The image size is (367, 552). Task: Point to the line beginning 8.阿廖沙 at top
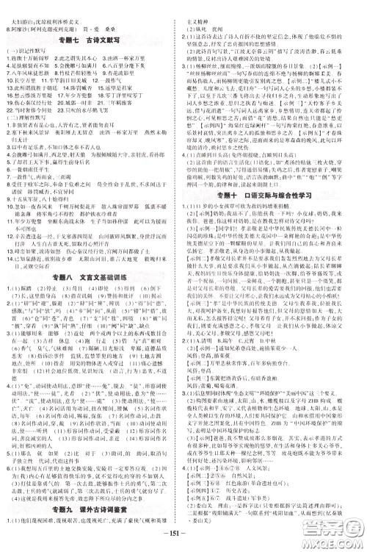[44, 14]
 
